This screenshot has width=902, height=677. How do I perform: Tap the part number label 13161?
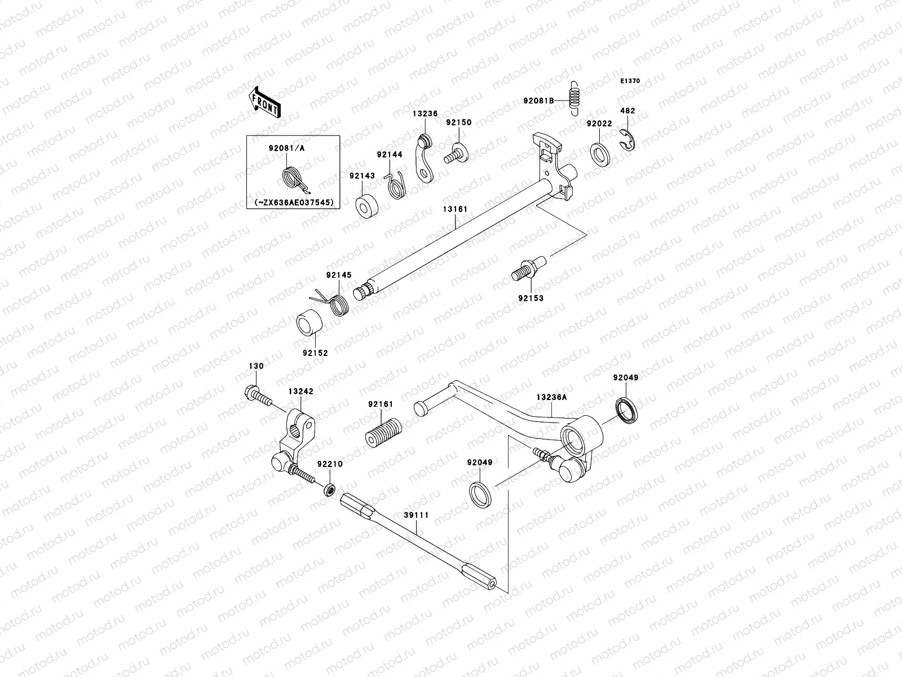(x=455, y=209)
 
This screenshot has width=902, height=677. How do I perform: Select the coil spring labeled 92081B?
(x=574, y=96)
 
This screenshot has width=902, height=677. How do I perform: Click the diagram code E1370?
(x=630, y=81)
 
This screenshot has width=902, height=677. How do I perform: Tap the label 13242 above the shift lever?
(x=301, y=391)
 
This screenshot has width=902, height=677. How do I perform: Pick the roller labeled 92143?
(x=366, y=207)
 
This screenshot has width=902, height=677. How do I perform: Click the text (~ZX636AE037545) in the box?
(x=294, y=202)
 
